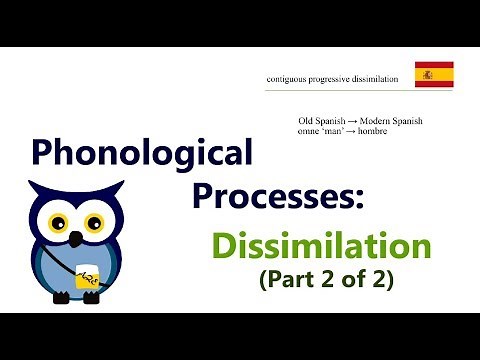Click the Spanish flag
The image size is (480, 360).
[434, 74]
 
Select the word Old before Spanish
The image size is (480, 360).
[307, 122]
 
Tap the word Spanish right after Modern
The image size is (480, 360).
[410, 122]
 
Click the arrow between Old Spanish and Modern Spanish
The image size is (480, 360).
[354, 122]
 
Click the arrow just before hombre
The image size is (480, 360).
[362, 133]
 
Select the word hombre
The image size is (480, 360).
[384, 133]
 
